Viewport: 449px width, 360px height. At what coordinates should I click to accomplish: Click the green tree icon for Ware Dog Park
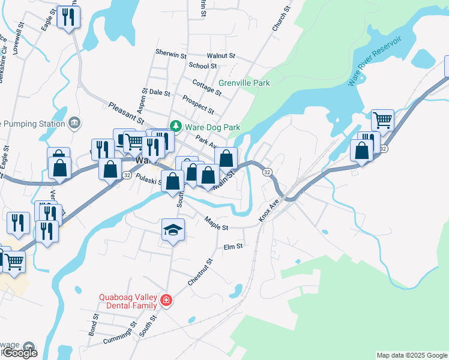tap(175, 127)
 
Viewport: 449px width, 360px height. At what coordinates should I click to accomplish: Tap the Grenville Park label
tap(244, 83)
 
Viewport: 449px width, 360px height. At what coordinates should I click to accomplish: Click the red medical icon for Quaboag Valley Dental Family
tap(166, 300)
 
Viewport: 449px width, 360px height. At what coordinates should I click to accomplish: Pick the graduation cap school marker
tap(173, 230)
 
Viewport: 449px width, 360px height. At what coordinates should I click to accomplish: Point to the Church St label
tap(281, 19)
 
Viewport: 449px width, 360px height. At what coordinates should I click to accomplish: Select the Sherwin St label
tap(171, 54)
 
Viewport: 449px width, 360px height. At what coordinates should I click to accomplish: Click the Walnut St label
tap(221, 56)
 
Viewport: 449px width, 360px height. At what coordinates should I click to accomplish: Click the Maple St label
tap(216, 224)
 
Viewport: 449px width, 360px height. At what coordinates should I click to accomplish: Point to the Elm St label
tap(232, 247)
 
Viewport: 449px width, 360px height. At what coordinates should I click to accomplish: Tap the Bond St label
tap(95, 324)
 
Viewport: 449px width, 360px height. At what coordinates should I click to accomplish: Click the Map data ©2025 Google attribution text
tap(412, 355)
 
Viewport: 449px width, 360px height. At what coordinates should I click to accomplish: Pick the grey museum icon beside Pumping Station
tap(74, 123)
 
